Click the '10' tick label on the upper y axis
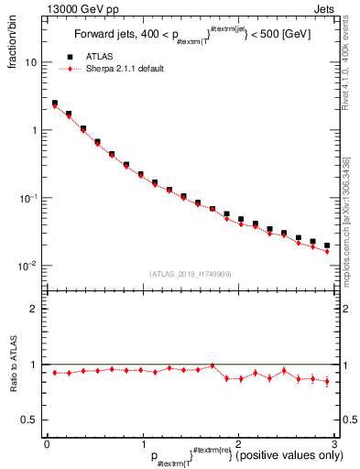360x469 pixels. tap(31, 62)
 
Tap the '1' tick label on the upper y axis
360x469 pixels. tap(35, 130)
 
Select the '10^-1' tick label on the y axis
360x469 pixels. tap(29, 197)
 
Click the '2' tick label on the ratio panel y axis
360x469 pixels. tap(35, 309)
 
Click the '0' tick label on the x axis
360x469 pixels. tap(47, 443)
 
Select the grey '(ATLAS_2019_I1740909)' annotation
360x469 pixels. tap(190, 274)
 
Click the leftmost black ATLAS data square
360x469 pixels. tap(54, 104)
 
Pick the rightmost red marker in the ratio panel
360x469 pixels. tap(327, 381)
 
